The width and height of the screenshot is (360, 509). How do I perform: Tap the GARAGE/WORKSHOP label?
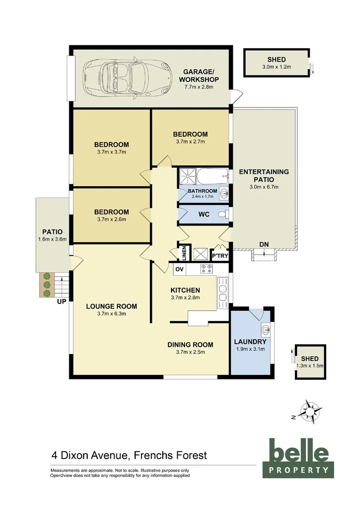[198, 75]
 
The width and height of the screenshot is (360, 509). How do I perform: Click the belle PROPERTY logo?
[298, 458]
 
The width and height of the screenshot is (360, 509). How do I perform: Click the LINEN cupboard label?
[184, 253]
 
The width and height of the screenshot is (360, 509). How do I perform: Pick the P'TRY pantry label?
[220, 256]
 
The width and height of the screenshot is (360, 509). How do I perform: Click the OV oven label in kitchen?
[179, 269]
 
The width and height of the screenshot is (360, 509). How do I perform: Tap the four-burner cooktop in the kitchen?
[206, 269]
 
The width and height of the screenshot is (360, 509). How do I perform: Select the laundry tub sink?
[265, 328]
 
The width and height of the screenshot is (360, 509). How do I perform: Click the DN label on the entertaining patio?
[264, 244]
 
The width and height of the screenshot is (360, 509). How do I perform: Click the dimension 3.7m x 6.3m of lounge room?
[111, 314]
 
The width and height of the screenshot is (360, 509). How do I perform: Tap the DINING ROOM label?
[190, 345]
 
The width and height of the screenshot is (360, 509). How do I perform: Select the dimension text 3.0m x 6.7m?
[263, 187]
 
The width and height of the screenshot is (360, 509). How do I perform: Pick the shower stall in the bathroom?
[188, 177]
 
